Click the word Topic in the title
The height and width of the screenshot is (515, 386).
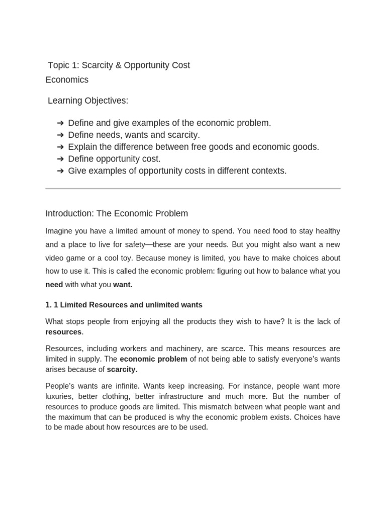[x=58, y=65]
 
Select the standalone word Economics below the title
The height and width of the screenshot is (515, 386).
[x=67, y=80]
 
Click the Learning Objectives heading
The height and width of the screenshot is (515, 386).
[x=88, y=101]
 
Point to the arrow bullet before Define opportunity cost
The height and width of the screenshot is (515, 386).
[x=60, y=159]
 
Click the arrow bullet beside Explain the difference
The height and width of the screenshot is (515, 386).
[x=60, y=147]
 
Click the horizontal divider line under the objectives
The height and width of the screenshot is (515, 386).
[x=193, y=189]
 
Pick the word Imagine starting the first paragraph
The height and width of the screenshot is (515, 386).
[x=60, y=231]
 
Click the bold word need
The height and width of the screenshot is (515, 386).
[x=54, y=285]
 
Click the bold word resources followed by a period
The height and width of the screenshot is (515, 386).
[x=63, y=332]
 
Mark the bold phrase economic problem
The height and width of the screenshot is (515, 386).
[x=153, y=359]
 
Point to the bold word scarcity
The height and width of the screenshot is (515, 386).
[x=122, y=370]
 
